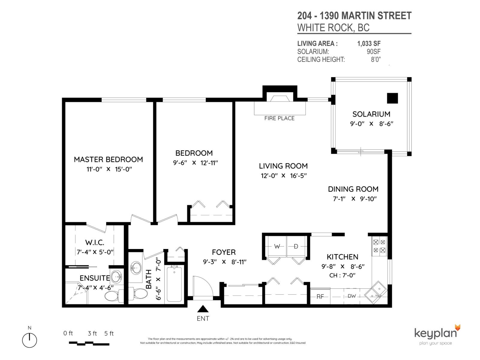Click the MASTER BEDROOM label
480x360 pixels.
click(108, 159)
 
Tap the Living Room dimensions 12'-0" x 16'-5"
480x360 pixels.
click(283, 175)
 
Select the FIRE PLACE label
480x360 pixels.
click(279, 118)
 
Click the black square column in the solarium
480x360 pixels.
click(392, 98)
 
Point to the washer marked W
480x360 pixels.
click(277, 247)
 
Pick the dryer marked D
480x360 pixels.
click(296, 247)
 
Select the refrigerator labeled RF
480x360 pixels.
click(320, 296)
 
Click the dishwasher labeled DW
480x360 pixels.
click(352, 296)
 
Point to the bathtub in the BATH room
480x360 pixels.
click(174, 283)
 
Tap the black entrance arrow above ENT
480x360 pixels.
click(203, 309)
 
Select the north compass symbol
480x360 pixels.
click(29, 340)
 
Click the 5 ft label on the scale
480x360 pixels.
click(109, 333)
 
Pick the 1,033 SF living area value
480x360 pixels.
click(369, 43)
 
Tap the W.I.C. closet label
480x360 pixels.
click(95, 242)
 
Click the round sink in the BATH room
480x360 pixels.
click(136, 267)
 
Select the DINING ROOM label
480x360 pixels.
click(353, 189)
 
